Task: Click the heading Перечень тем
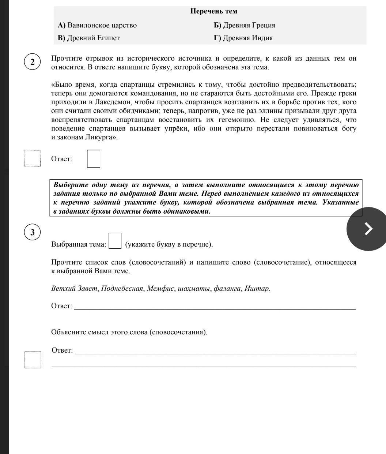tap(213, 11)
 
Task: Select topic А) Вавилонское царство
tap(97, 25)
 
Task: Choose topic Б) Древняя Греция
tap(244, 25)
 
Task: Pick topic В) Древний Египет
tap(89, 38)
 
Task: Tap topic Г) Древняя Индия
tap(243, 38)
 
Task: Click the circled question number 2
tap(33, 62)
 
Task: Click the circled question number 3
tap(33, 232)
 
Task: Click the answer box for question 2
tap(93, 159)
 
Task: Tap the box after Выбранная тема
tap(115, 241)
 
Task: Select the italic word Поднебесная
tap(122, 289)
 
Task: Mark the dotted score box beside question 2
tap(32, 158)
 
